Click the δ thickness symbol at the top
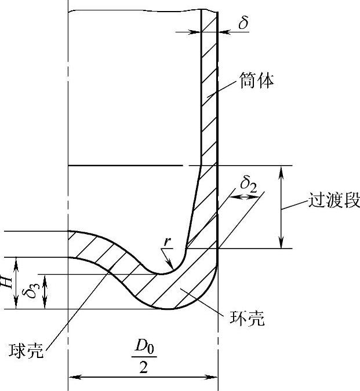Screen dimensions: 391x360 243,23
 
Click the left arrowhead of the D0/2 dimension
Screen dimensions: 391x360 72,377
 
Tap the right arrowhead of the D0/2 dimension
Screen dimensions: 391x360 214,377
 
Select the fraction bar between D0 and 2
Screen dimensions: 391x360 143,360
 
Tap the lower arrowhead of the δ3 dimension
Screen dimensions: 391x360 45,305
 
